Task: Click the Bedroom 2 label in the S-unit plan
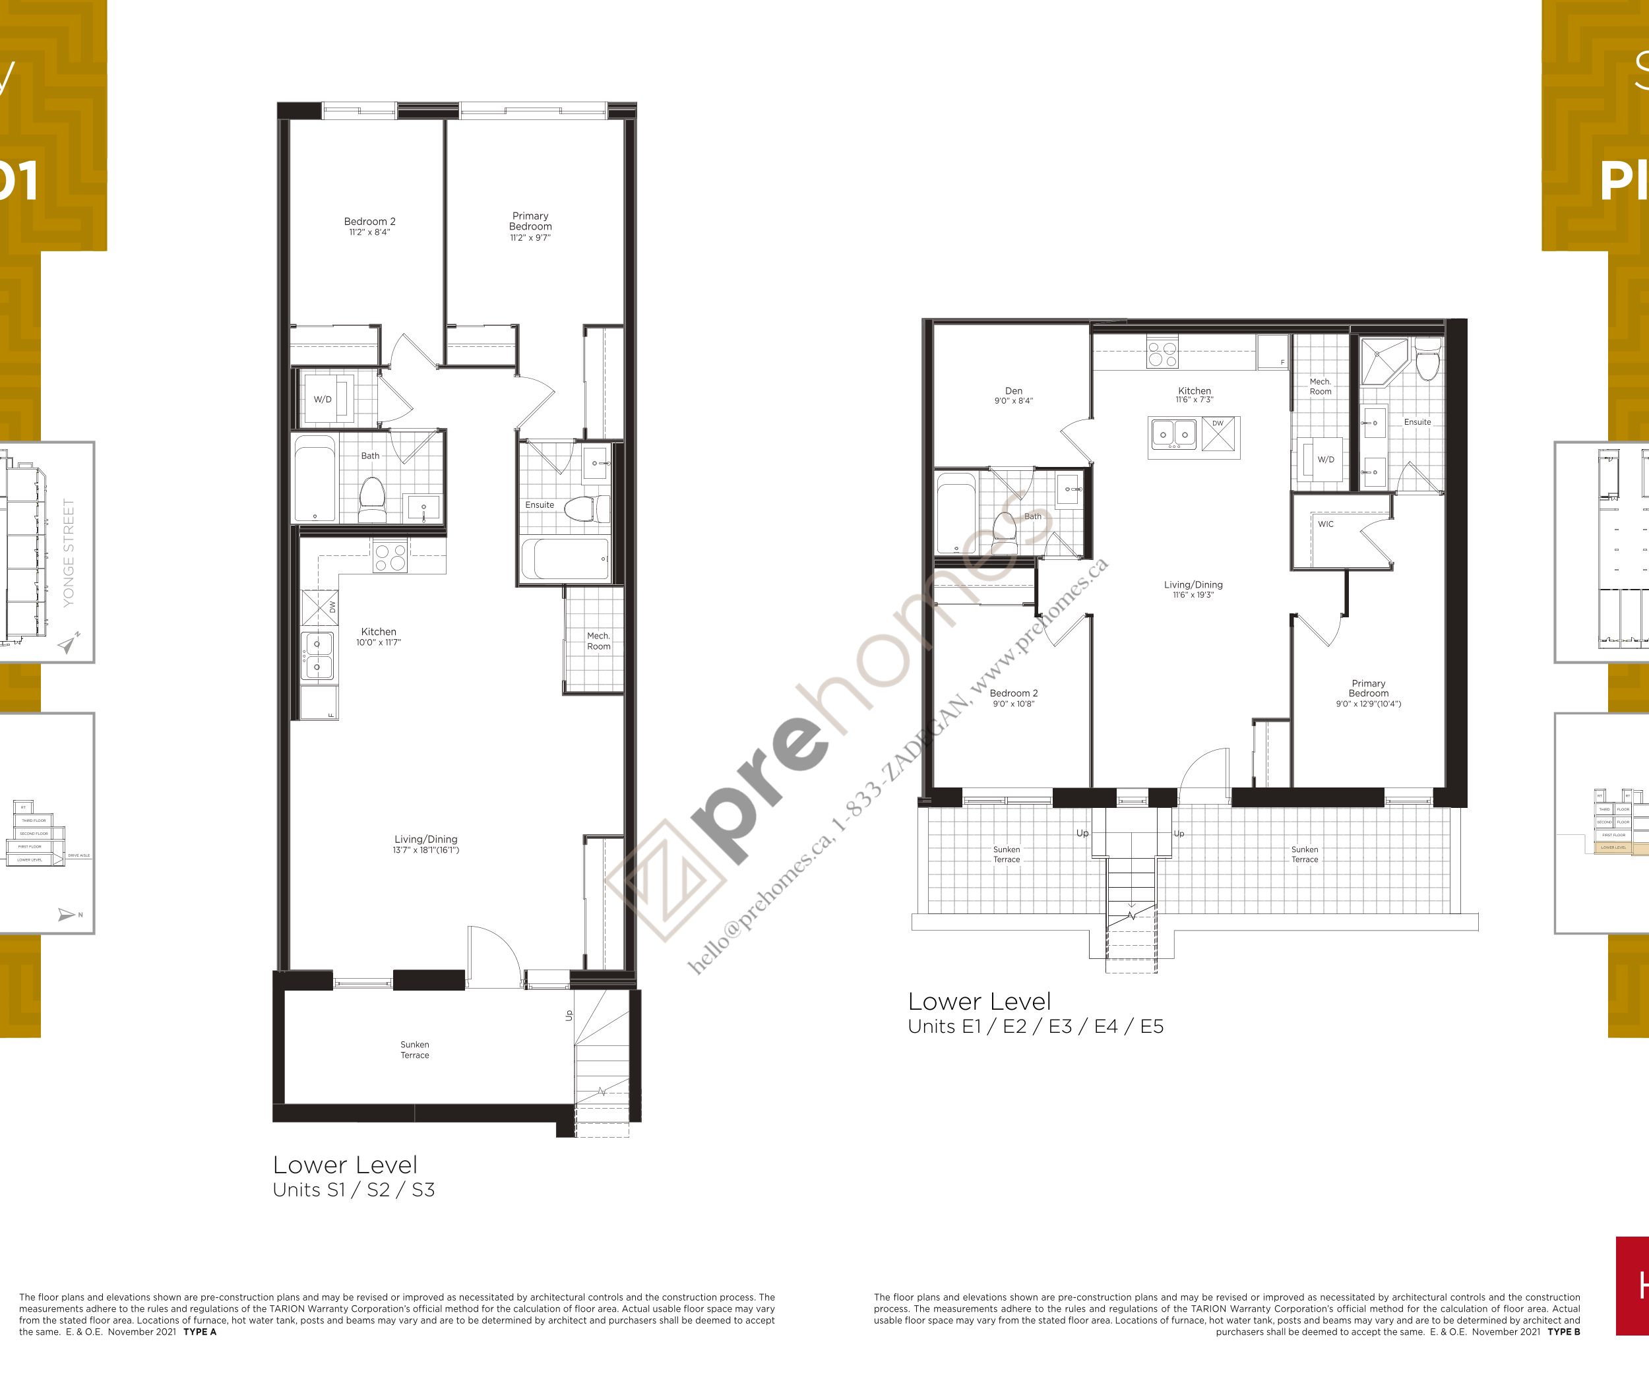click(x=369, y=222)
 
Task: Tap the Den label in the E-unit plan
click(x=1013, y=390)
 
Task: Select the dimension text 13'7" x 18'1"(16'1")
click(x=425, y=849)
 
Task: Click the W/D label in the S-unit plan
click(x=323, y=399)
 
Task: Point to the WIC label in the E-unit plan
click(x=1326, y=524)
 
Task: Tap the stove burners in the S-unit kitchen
click(x=390, y=557)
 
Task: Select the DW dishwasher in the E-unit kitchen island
click(x=1218, y=434)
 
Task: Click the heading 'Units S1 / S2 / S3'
click(x=354, y=1190)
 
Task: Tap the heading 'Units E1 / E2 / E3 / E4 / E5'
click(x=1035, y=1026)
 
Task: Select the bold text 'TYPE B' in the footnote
click(x=1563, y=1332)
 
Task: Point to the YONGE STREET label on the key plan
click(x=69, y=553)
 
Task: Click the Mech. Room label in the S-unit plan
click(x=598, y=640)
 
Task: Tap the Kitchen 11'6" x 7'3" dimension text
click(x=1194, y=400)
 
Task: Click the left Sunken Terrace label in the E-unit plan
click(x=1006, y=854)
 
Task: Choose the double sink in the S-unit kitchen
click(x=317, y=656)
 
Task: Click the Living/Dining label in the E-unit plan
click(x=1193, y=585)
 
